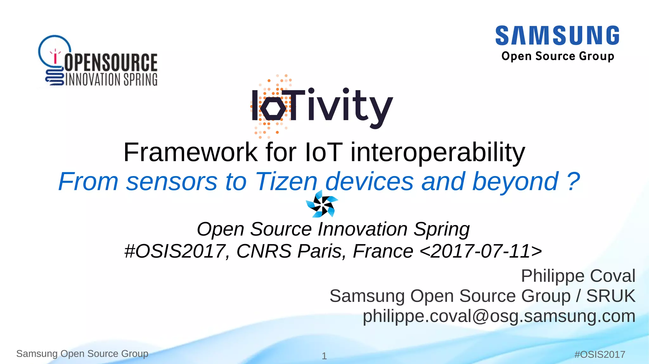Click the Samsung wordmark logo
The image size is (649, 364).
[557, 35]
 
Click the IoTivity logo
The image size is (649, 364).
[322, 106]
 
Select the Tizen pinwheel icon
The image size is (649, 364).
[322, 204]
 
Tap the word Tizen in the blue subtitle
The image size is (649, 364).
[286, 181]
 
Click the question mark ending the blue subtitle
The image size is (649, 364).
[573, 181]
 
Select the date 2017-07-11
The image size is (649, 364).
[480, 251]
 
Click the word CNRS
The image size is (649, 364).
[264, 251]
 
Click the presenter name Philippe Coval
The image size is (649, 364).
[578, 276]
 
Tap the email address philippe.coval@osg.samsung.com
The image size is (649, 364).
[499, 316]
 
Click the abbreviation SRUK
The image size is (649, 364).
[611, 296]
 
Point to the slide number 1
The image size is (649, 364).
[324, 356]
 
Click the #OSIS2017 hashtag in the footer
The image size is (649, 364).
[600, 355]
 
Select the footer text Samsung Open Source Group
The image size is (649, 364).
[82, 354]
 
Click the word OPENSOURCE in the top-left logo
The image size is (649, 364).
[111, 62]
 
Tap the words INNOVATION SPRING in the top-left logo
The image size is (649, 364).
[111, 79]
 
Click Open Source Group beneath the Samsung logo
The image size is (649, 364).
[558, 56]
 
